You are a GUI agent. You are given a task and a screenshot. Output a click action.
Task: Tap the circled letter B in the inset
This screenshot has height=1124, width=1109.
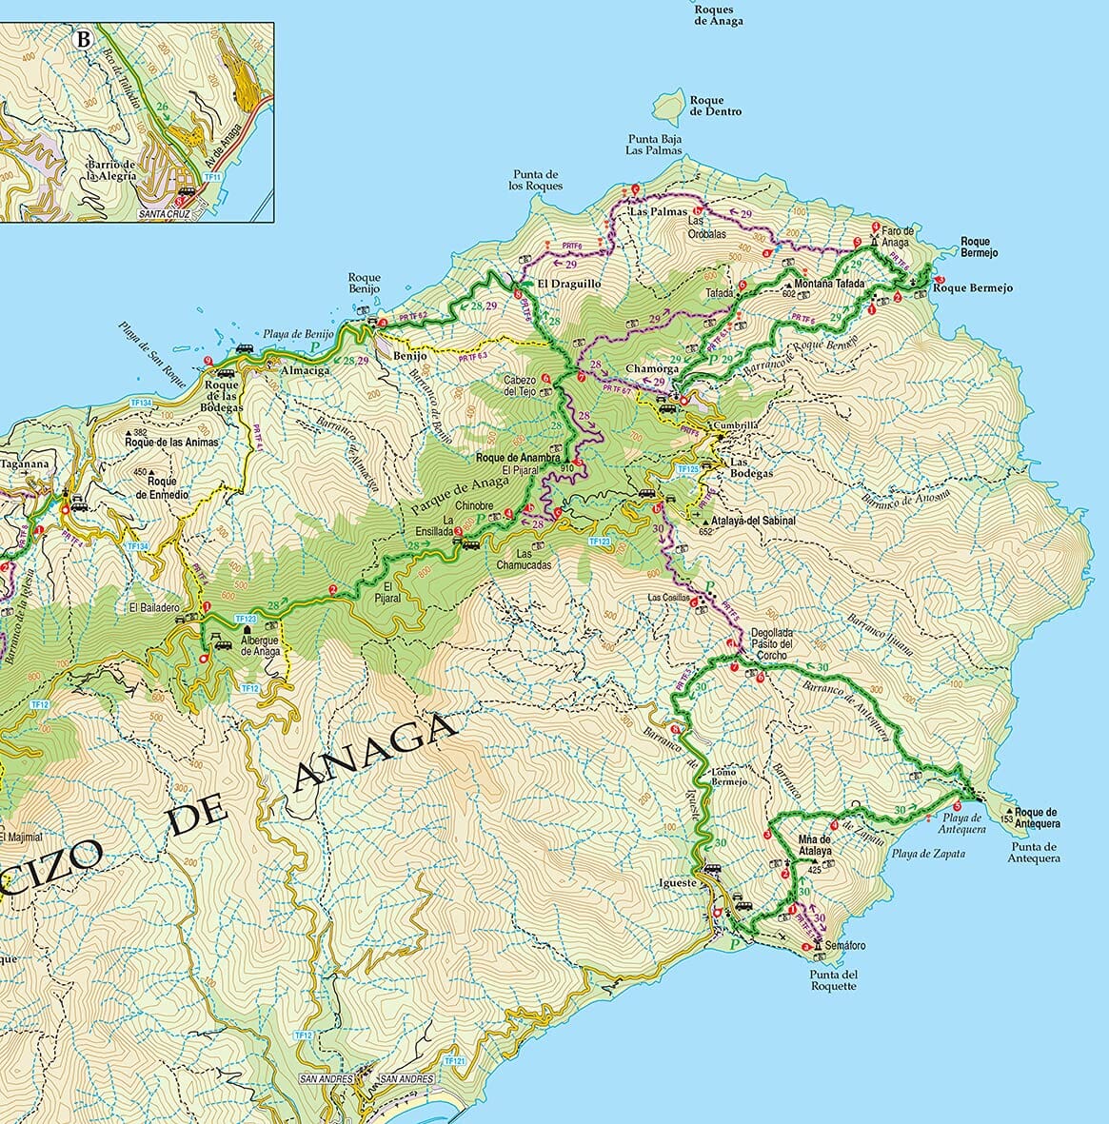click(x=84, y=40)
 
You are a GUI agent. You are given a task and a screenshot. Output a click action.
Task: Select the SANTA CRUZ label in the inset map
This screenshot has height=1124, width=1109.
click(x=165, y=214)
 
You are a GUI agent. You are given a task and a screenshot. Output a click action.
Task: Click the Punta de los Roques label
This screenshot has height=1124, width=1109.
click(x=538, y=180)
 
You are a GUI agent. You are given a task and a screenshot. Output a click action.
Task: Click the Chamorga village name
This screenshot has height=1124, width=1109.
click(x=652, y=368)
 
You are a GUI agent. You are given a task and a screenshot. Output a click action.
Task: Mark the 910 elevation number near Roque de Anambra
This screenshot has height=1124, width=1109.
click(x=568, y=468)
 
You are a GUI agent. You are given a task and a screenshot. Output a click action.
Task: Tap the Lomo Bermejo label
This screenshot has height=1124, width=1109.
click(x=725, y=777)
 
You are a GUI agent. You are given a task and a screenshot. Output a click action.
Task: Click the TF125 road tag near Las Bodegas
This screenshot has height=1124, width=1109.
click(x=688, y=470)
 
